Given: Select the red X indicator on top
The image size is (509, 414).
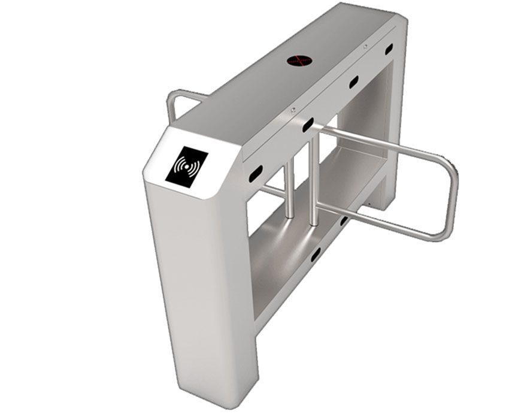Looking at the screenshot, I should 299,60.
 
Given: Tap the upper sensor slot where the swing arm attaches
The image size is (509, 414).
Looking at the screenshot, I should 308,125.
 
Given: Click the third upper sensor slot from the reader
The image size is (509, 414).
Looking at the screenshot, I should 353,82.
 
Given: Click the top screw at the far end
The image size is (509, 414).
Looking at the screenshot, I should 365,46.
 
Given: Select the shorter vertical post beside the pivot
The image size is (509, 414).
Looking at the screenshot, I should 289,189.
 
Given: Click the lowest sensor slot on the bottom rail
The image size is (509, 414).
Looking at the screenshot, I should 316,254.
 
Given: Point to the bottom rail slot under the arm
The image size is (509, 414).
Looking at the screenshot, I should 344,221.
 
